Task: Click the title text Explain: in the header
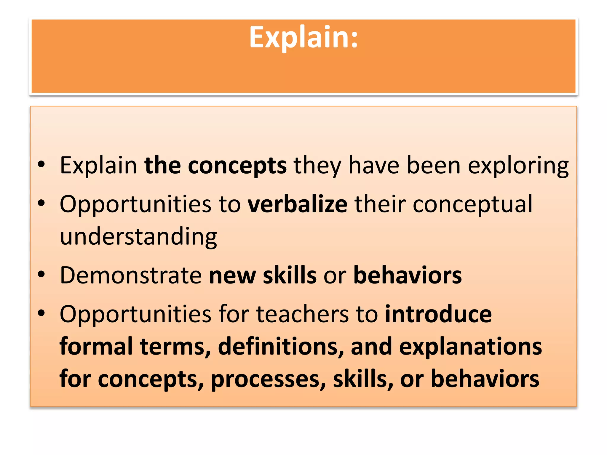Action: [303, 37]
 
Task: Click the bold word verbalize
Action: [297, 204]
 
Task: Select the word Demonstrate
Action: [131, 275]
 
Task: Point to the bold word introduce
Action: [438, 314]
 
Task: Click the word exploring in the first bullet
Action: [518, 165]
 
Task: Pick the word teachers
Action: [302, 314]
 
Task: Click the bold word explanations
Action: [470, 347]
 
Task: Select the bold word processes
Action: [268, 379]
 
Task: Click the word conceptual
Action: [472, 204]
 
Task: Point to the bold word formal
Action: [96, 347]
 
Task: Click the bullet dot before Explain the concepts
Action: [41, 164]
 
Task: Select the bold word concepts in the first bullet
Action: [237, 166]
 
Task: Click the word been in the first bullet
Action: [434, 165]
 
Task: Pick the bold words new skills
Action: [263, 275]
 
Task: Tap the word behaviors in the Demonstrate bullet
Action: [408, 275]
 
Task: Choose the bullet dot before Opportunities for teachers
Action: [41, 313]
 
